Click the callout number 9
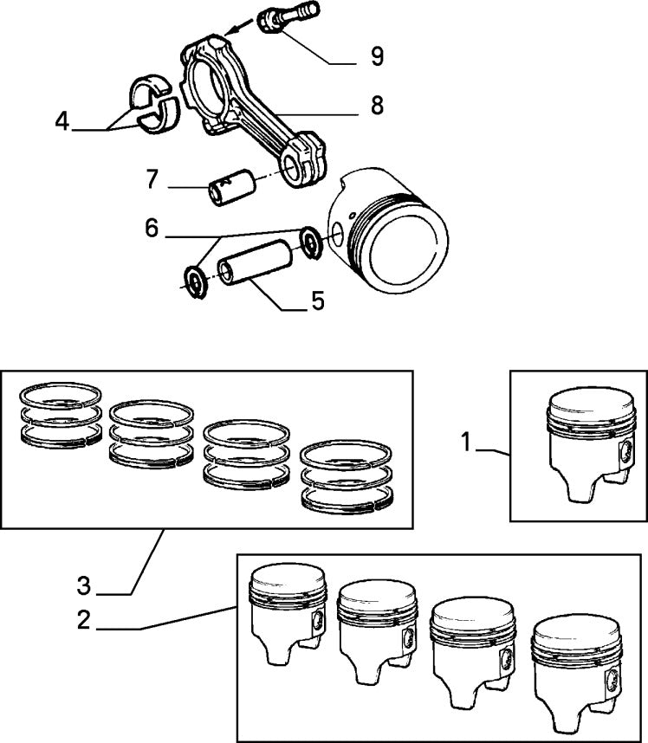tap(376, 57)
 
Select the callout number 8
tap(376, 106)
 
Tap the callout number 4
tap(62, 121)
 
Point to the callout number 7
tap(152, 180)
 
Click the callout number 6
tap(152, 228)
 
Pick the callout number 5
tap(317, 301)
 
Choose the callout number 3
tap(83, 586)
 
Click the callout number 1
tap(466, 443)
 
